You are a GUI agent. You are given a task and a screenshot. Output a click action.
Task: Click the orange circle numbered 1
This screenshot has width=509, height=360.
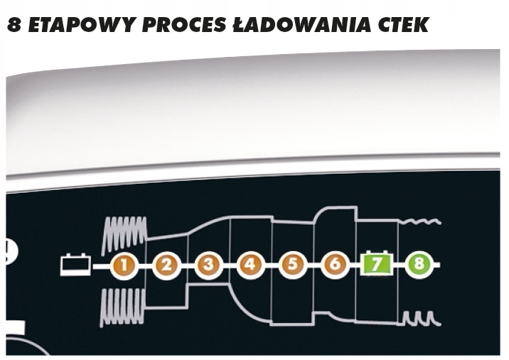(x=124, y=266)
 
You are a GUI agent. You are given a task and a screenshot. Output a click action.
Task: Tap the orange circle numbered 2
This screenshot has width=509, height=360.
(x=166, y=266)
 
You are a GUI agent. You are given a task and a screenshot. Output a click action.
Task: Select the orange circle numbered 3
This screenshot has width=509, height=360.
(x=208, y=266)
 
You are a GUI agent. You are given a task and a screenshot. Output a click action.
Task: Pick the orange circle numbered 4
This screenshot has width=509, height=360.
(x=250, y=266)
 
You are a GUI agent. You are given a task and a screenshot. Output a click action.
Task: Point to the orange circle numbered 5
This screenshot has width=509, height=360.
(x=291, y=266)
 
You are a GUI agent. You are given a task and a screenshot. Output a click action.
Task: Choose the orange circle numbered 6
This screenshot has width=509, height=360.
(x=333, y=266)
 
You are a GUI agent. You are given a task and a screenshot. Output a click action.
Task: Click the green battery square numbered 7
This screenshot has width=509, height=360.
(x=376, y=265)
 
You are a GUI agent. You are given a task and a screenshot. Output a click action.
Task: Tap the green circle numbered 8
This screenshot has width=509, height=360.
(x=419, y=265)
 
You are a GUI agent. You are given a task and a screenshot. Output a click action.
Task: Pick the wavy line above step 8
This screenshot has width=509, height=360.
(x=419, y=223)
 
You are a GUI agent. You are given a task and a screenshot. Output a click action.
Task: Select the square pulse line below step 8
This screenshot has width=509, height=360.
(x=419, y=317)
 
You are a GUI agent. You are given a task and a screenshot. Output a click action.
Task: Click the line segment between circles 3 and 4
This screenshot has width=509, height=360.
(x=229, y=266)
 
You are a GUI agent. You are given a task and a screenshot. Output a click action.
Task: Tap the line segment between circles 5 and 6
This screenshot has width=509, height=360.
(x=312, y=266)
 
